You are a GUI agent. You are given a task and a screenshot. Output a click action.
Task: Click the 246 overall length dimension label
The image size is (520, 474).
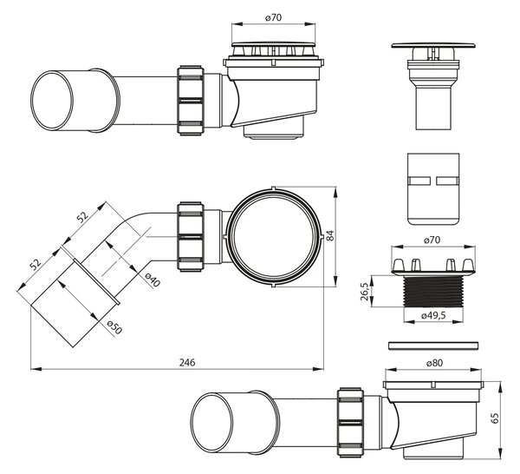pyautogui.click(x=187, y=362)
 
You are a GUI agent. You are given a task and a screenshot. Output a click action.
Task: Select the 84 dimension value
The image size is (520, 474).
pyautogui.click(x=330, y=235)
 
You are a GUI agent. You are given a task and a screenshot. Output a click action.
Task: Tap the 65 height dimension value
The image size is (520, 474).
pyautogui.click(x=494, y=418)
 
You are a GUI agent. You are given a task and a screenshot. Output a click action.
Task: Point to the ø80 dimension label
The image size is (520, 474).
pyautogui.click(x=434, y=363)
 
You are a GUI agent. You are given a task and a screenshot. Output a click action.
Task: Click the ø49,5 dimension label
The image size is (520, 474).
pyautogui.click(x=433, y=315)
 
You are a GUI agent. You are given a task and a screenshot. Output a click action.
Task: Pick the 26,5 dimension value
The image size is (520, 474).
pyautogui.click(x=365, y=292)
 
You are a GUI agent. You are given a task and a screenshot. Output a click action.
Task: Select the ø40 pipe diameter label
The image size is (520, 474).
pyautogui.click(x=153, y=280)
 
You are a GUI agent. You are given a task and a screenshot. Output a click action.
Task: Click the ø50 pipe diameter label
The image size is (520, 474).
pyautogui.click(x=115, y=327)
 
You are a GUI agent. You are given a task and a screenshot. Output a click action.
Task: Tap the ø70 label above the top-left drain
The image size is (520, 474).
pyautogui.click(x=273, y=17)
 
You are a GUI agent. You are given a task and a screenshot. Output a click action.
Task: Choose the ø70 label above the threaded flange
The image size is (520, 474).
pyautogui.click(x=432, y=240)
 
